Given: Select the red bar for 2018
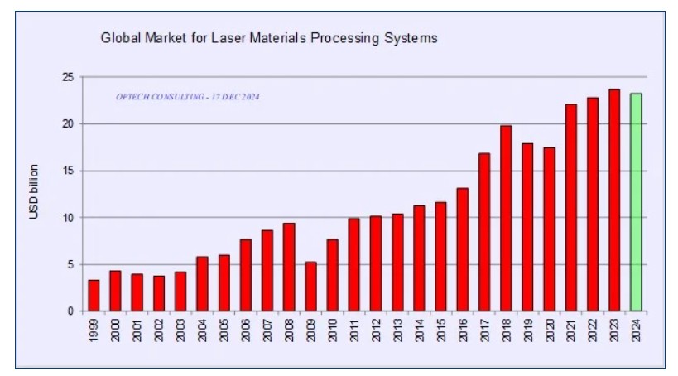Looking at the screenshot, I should click(506, 219).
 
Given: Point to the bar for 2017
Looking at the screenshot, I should click(484, 232).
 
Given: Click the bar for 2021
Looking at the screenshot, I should click(571, 207).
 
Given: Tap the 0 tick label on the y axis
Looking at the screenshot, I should click(71, 311).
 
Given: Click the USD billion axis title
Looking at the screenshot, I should click(34, 195).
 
